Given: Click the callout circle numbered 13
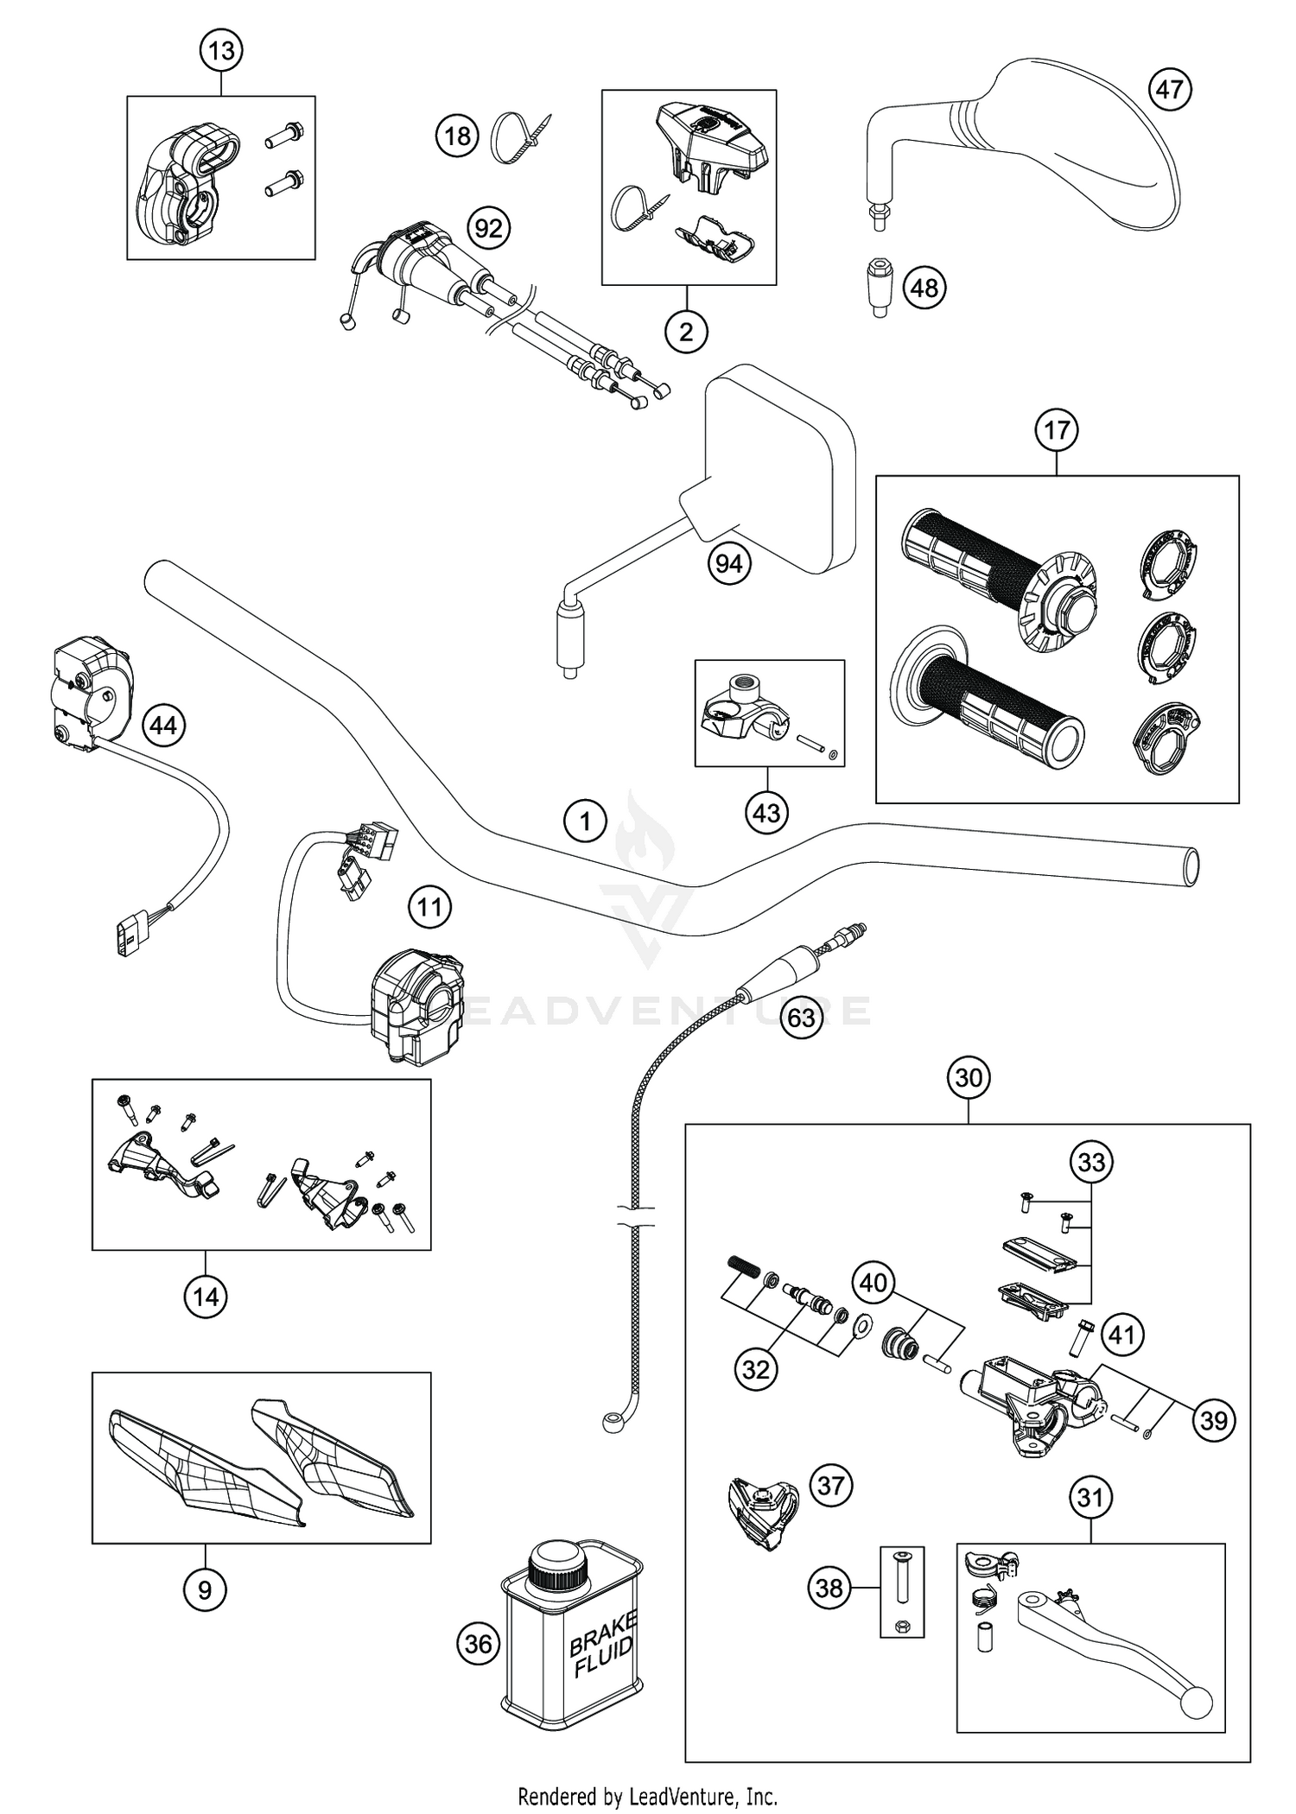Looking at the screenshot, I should click(x=221, y=51).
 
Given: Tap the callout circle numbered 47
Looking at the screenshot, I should click(x=1170, y=89).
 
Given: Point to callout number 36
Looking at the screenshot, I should click(x=478, y=1643).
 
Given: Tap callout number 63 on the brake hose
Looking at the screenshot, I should click(x=801, y=1018).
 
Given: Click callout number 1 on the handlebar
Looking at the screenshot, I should click(x=585, y=821).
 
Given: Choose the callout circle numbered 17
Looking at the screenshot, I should click(x=1057, y=429).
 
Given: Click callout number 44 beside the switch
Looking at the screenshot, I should click(x=163, y=726).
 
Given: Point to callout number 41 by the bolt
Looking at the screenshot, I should click(x=1121, y=1335).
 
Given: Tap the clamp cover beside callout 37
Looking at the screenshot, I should click(x=762, y=1512).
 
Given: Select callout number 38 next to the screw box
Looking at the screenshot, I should click(x=829, y=1587).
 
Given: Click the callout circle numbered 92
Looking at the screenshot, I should click(x=488, y=229).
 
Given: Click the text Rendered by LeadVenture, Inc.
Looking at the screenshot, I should click(x=647, y=1797).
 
